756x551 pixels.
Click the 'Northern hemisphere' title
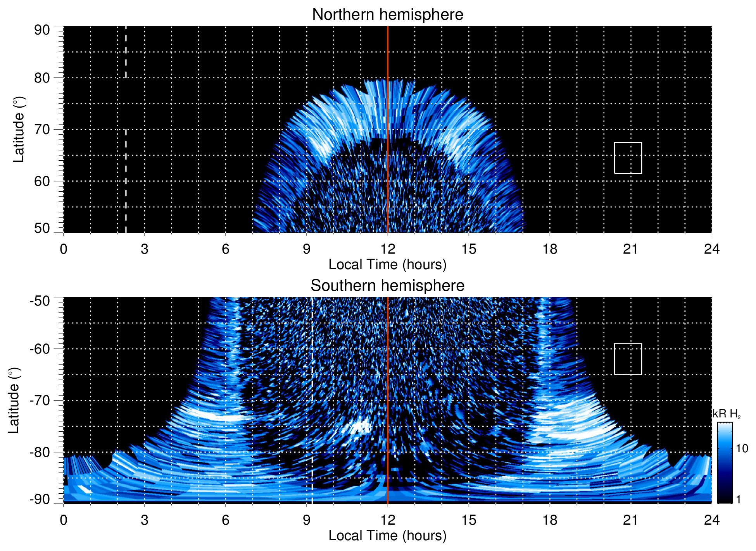click(387, 15)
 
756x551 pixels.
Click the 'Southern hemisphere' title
click(387, 286)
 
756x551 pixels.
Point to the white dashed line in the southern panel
click(312, 387)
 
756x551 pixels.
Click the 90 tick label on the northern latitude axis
click(42, 30)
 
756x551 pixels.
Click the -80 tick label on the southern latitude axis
click(40, 452)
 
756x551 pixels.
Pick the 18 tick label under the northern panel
click(550, 249)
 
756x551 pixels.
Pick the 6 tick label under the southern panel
click(225, 520)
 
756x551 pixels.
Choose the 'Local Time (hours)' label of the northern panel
click(387, 264)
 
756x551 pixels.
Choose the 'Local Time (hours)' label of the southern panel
click(387, 536)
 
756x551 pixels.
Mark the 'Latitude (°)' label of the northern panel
click(19, 130)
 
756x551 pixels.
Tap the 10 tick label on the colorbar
click(742, 449)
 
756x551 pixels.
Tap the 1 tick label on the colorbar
click(738, 500)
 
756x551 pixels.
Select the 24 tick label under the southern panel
click(711, 520)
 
